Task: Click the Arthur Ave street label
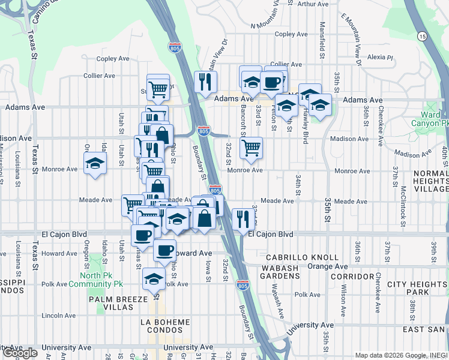pyautogui.click(x=313, y=4)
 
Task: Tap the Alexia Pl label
pyautogui.click(x=380, y=58)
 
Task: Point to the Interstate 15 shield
pyautogui.click(x=423, y=37)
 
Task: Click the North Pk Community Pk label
pyautogui.click(x=95, y=280)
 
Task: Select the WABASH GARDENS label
pyautogui.click(x=280, y=271)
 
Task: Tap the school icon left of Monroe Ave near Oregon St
pyautogui.click(x=95, y=163)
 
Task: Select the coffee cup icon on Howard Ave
pyautogui.click(x=164, y=251)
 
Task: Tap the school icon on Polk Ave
pyautogui.click(x=154, y=279)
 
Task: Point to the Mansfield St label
pyautogui.click(x=322, y=36)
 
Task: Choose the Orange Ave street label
pyautogui.click(x=327, y=266)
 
